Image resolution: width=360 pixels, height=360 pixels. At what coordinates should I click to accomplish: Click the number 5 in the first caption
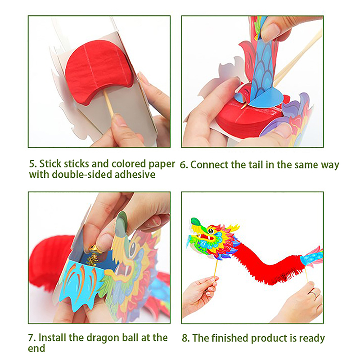coord(33,164)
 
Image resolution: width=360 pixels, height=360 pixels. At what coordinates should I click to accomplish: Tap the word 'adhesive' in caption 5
coord(135,175)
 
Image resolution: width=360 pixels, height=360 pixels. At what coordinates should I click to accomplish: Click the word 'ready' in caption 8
coord(312,339)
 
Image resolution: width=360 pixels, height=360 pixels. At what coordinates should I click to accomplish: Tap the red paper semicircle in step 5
coord(99,73)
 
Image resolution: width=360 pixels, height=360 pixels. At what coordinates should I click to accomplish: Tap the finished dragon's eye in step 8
coord(211,231)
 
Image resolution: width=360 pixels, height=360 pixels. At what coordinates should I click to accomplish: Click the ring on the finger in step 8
coord(314,293)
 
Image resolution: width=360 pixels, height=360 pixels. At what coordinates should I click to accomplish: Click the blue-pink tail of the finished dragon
coord(312,256)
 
